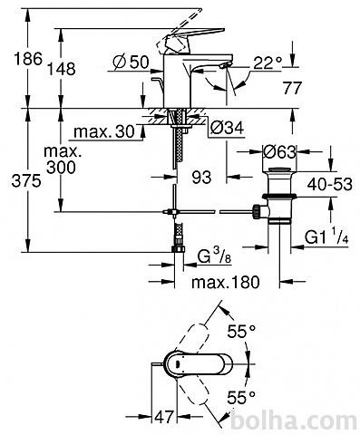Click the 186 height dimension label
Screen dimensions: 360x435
[x=28, y=59]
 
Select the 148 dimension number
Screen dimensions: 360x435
[x=62, y=69]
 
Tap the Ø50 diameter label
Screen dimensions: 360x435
[x=131, y=63]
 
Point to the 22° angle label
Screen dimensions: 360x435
[x=268, y=63]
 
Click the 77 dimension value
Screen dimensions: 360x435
[x=292, y=88]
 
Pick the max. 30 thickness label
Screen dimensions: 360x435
[x=104, y=131]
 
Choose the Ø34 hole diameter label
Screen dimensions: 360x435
[x=227, y=128]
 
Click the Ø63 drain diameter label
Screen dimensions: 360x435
[x=278, y=152]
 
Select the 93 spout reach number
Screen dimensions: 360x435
[x=201, y=177]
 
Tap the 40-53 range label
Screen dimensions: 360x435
[x=330, y=184]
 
